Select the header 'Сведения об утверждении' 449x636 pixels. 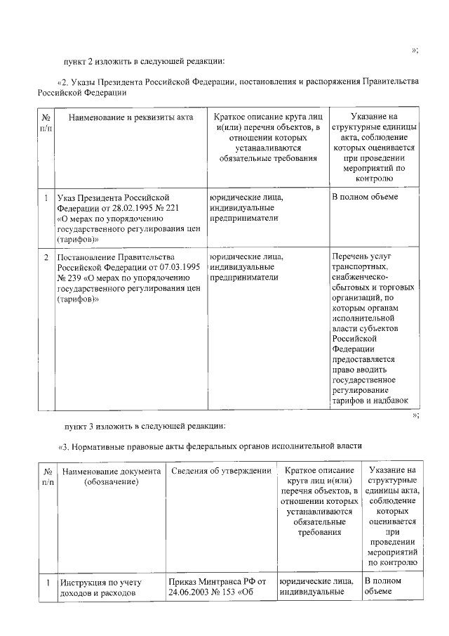tap(221, 470)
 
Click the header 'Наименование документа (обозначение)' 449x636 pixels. tap(111, 476)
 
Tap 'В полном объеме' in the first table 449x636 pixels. tap(365, 197)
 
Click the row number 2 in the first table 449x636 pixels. tap(46, 257)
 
